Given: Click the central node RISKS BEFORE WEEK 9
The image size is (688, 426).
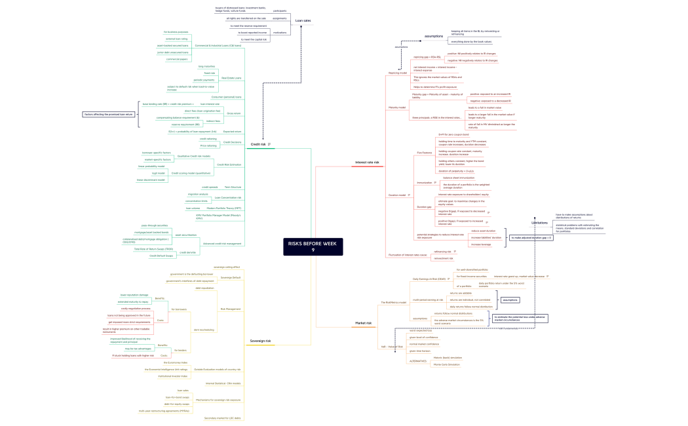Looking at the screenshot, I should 313,246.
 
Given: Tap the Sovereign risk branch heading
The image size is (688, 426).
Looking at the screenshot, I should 260,341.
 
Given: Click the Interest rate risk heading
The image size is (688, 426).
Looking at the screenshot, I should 367,162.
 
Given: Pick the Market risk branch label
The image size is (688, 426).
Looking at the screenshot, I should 364,323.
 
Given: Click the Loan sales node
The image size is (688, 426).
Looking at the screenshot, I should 303,21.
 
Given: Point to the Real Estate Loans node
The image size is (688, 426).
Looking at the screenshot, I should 231,78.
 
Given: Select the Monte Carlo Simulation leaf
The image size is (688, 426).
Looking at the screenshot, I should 446,364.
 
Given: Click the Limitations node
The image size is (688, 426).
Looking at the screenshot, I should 540,223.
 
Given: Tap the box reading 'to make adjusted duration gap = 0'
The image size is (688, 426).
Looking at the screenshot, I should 531,237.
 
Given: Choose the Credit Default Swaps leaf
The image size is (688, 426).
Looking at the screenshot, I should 161,256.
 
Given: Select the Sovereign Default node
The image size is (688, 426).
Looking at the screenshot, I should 230,278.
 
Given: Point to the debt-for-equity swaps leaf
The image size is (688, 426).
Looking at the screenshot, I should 177,404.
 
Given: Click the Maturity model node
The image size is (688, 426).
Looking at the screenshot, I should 397,107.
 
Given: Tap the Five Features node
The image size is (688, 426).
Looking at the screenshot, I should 424,153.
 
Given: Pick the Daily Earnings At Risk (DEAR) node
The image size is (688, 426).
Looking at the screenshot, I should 429,279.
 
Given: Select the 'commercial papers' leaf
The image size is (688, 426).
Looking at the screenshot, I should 177,59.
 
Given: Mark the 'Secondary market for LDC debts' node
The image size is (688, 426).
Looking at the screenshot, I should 223,417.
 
